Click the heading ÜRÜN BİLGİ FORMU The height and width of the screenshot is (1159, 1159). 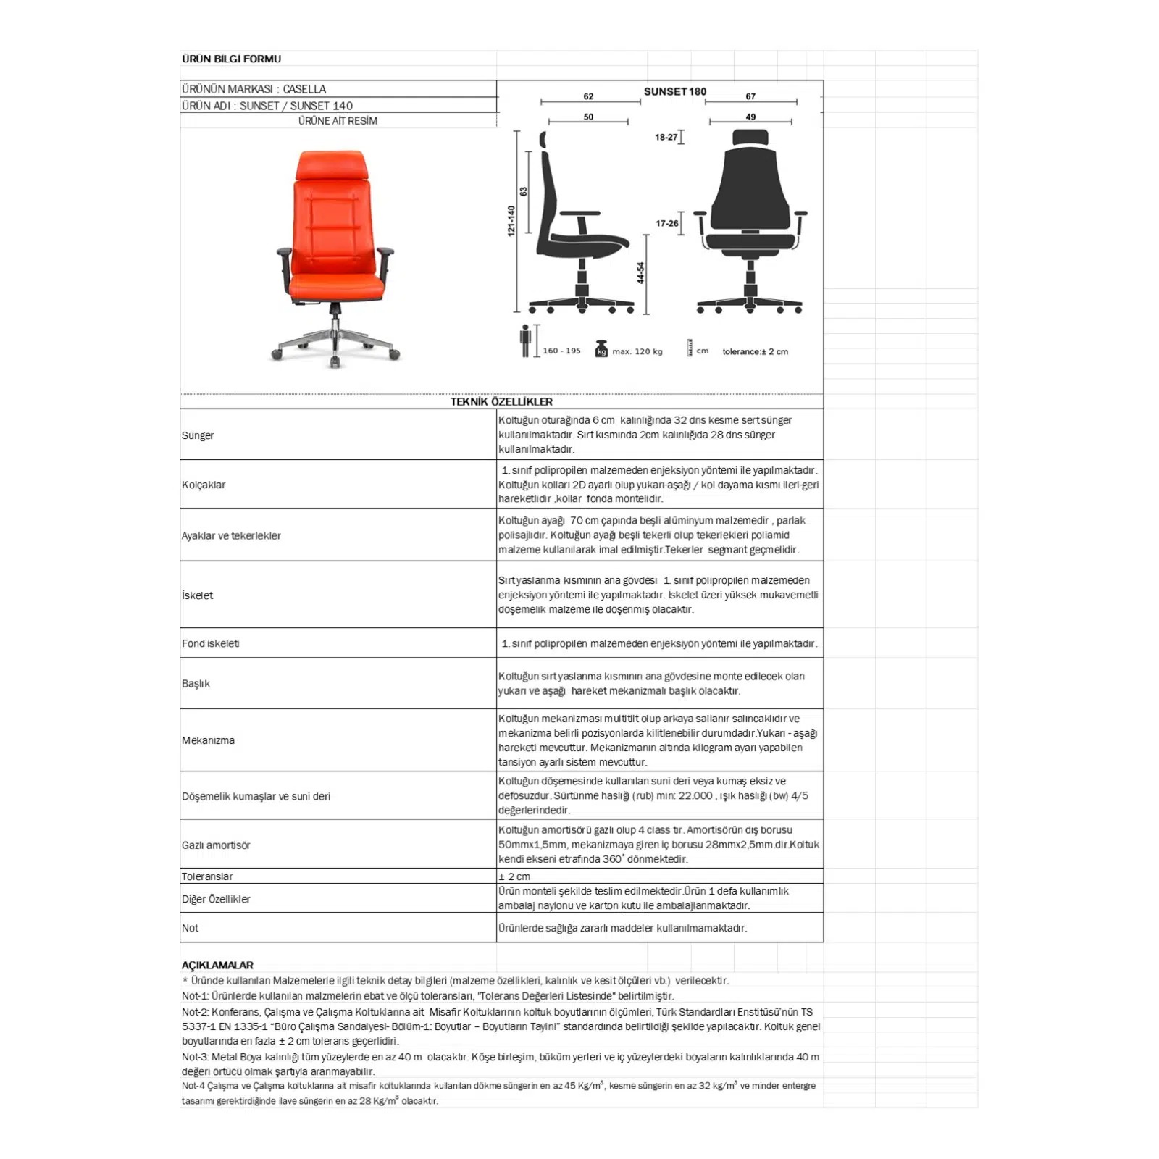coord(231,59)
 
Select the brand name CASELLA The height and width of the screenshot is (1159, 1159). coord(304,89)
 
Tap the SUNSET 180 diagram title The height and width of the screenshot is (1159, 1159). coord(674,91)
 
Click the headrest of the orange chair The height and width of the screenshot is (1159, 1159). coord(330,165)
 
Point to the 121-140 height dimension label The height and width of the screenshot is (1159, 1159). coord(511,220)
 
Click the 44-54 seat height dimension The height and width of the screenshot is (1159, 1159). coord(640,273)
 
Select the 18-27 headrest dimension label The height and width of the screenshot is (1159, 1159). coord(666,137)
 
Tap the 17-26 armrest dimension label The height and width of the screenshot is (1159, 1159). coord(666,223)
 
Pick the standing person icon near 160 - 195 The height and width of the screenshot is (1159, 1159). coord(525,340)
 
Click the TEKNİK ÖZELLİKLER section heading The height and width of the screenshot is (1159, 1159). coord(501,401)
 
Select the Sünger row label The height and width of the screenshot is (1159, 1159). coord(198,435)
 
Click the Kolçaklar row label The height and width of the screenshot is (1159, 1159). coord(204,485)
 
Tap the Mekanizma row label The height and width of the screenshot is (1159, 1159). coord(208,740)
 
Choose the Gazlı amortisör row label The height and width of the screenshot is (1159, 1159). coord(216,845)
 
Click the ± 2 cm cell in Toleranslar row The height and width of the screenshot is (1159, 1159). coord(514,876)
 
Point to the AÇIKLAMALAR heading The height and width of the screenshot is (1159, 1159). coord(217,965)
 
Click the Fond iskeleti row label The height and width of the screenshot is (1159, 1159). coord(211,643)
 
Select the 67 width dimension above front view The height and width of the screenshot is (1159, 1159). coord(750,96)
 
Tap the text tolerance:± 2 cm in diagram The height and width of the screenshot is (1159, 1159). coord(755,351)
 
